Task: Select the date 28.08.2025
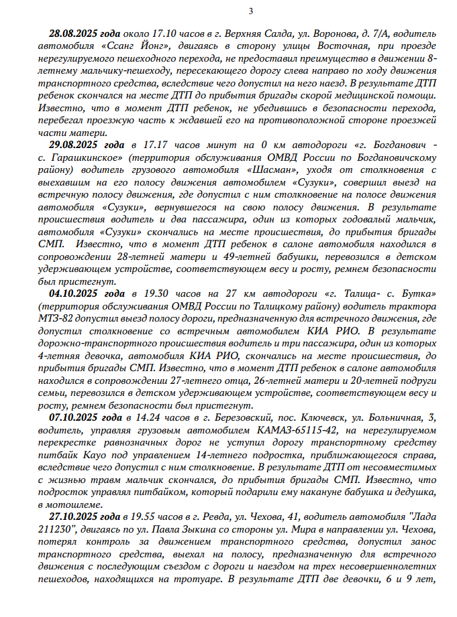(x=74, y=33)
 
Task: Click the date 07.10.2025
(x=77, y=415)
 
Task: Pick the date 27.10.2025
(x=77, y=517)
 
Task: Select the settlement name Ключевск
(x=319, y=415)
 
